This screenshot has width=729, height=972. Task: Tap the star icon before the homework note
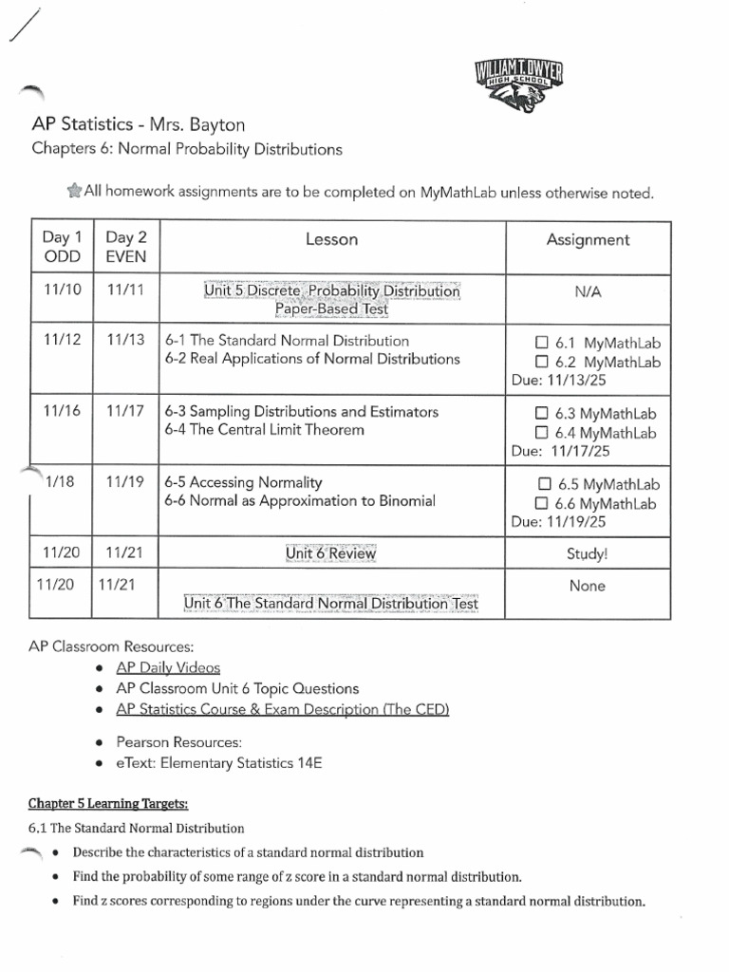pos(74,192)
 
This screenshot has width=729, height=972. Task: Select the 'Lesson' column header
pos(331,240)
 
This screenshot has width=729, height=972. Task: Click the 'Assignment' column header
pos(588,240)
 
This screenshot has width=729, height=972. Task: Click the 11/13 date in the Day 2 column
pos(125,341)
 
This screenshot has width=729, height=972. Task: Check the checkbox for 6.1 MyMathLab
pos(542,343)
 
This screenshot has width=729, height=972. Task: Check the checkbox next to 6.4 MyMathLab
pos(542,433)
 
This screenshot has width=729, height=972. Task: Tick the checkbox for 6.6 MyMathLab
pos(542,503)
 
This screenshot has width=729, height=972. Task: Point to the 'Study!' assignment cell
pos(587,553)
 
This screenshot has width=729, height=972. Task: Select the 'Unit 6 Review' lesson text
pos(331,553)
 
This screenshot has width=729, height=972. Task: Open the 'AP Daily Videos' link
pos(168,667)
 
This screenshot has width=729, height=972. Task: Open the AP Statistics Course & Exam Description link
pos(283,709)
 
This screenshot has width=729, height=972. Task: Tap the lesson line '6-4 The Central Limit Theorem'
pos(264,430)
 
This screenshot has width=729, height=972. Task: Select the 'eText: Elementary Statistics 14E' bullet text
pos(219,762)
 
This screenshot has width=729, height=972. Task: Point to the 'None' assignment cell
pos(587,587)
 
